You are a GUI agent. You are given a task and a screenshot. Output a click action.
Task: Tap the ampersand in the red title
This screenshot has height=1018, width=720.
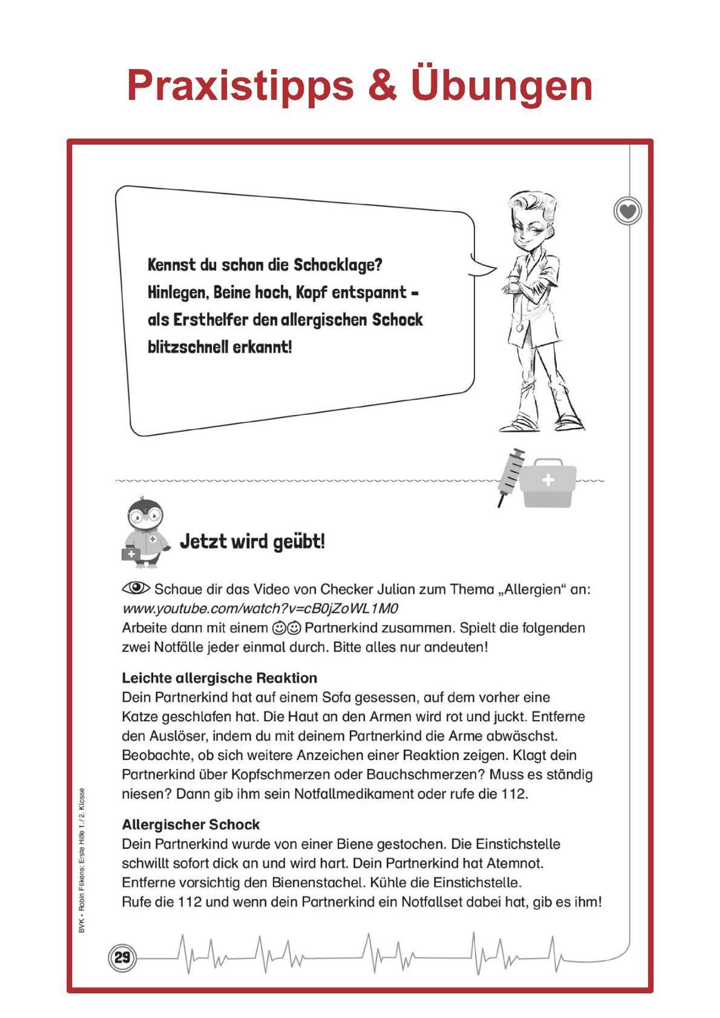382,85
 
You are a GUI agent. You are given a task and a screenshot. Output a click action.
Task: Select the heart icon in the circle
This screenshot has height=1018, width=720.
628,211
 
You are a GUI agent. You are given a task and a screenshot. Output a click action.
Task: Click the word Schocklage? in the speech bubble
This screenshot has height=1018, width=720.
338,265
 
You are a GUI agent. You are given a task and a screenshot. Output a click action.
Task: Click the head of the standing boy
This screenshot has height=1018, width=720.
532,222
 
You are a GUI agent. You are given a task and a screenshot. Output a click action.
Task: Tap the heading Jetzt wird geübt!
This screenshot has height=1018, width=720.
252,542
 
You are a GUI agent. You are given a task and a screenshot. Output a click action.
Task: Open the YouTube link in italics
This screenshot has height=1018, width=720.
260,608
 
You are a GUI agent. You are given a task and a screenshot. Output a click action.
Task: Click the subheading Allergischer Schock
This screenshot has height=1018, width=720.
191,825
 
